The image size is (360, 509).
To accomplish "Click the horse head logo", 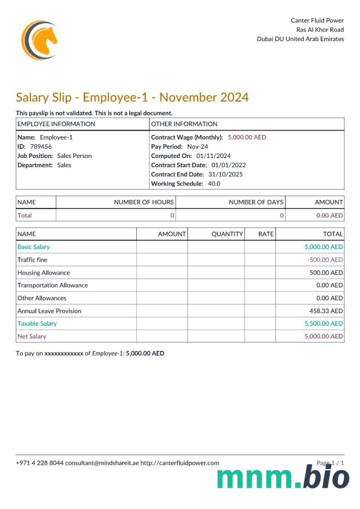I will click(x=40, y=40).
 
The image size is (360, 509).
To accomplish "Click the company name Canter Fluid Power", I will click(x=317, y=20).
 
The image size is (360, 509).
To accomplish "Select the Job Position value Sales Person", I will click(x=74, y=156).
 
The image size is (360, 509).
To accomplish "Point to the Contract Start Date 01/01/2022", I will click(x=229, y=165).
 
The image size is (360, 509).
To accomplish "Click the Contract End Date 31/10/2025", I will click(x=225, y=174).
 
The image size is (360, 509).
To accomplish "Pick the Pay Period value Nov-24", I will click(x=197, y=146).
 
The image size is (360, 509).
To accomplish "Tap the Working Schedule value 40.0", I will click(x=212, y=183).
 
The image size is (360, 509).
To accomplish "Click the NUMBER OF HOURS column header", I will click(x=144, y=202).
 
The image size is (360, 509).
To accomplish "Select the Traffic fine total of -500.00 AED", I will click(x=325, y=260).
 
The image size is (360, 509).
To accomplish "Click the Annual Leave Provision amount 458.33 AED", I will click(x=326, y=311).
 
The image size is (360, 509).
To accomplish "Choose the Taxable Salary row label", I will click(x=37, y=323).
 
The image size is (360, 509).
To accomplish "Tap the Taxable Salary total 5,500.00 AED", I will click(x=324, y=323).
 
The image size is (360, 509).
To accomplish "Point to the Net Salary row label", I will click(x=32, y=336).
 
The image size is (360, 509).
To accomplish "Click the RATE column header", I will click(x=266, y=234).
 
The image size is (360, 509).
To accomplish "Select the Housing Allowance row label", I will click(x=44, y=273).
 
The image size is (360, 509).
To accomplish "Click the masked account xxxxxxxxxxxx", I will click(x=64, y=354).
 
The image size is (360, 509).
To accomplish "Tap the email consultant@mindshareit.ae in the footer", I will click(x=102, y=463).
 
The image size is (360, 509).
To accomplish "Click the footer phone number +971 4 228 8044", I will click(x=40, y=463).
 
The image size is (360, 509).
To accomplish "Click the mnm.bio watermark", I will click(x=283, y=477).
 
